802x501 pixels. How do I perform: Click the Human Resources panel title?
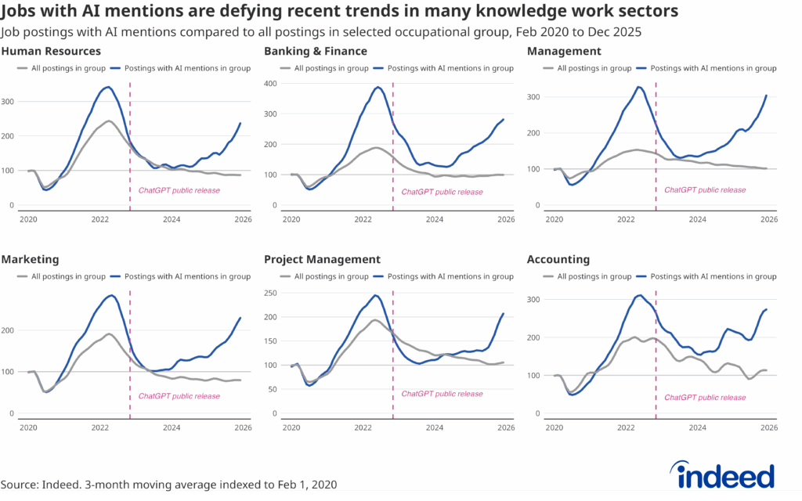point(51,52)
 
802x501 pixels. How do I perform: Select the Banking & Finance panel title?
point(316,52)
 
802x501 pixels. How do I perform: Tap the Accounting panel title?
point(558,259)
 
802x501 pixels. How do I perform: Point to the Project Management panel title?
point(323,259)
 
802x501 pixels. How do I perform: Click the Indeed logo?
point(722,475)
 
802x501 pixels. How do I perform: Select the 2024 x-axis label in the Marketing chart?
point(172,428)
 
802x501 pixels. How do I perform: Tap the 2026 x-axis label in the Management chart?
point(769,220)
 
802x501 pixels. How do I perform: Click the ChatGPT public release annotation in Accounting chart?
point(705,398)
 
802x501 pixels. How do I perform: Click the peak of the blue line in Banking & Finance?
point(378,87)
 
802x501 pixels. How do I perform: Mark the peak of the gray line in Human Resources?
point(109,121)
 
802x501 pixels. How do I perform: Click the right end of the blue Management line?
point(766,96)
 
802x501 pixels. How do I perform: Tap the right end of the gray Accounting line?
point(766,370)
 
